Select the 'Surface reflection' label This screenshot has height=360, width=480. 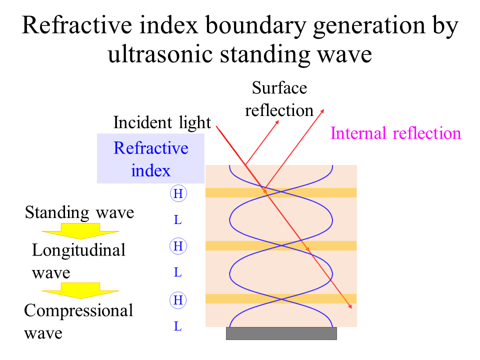[279, 99]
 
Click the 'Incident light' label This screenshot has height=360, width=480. [162, 122]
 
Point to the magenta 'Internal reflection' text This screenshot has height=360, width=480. [395, 133]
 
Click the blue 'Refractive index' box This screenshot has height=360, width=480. [151, 158]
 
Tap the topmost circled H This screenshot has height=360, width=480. [177, 193]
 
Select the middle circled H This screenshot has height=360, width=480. [177, 246]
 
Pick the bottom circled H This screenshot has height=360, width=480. [177, 300]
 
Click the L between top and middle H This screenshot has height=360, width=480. [177, 220]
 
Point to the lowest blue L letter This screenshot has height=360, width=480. [177, 327]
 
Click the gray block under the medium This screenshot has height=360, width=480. [281, 333]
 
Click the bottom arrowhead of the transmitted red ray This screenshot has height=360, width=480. [352, 307]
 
